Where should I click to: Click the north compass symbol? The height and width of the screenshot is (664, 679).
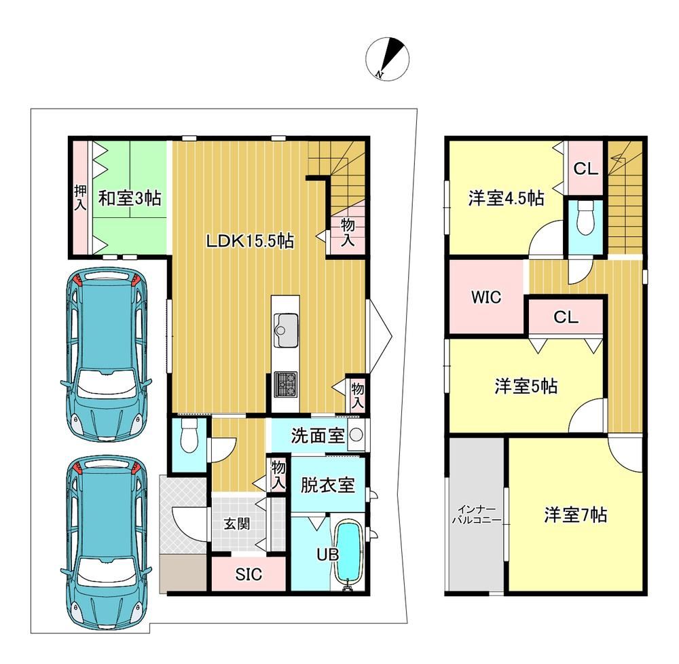(387, 59)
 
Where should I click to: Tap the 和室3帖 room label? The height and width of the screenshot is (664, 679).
(130, 198)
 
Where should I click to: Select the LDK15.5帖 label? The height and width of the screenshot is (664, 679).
(250, 240)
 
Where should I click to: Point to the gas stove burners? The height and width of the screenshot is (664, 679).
(286, 384)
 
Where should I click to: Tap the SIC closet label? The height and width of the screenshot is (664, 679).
(249, 574)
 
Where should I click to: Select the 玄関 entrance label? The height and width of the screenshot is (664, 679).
(237, 523)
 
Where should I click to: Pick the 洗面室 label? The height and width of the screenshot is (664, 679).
(317, 435)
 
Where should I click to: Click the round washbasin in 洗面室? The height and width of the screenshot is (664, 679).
(356, 435)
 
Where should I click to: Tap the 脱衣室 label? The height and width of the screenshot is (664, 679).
(328, 485)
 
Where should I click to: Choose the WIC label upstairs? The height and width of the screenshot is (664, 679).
(486, 297)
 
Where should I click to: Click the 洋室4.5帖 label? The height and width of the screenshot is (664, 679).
(507, 198)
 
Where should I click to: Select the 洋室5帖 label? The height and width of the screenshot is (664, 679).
(526, 386)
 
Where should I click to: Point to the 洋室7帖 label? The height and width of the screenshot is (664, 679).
(576, 515)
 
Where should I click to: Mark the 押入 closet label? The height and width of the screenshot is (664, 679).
(80, 198)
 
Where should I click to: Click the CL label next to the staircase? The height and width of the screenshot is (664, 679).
(585, 169)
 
